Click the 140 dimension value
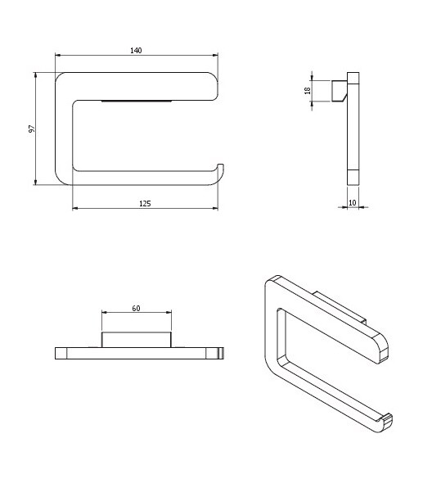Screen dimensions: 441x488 click(136, 51)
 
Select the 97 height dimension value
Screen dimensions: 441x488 click(32, 129)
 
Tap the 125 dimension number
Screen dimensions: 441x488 click(145, 204)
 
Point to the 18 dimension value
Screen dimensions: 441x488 click(308, 91)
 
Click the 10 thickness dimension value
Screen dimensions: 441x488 click(352, 202)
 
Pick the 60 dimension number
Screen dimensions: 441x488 click(136, 308)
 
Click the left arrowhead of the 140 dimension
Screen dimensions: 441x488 click(58, 55)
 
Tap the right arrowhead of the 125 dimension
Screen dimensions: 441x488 click(215, 208)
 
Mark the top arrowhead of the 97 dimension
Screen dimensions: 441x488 click(35, 75)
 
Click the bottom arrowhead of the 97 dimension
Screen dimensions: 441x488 click(35, 182)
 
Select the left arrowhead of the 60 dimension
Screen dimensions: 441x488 click(105, 312)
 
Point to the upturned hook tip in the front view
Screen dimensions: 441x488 click(221, 165)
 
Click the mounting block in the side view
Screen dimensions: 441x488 click(340, 91)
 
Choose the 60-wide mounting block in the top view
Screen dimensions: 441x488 click(137, 340)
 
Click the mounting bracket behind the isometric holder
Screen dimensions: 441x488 click(340, 306)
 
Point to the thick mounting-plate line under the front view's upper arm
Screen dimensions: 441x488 click(137, 102)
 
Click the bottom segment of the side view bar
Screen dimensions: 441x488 click(353, 178)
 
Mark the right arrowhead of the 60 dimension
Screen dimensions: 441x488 click(169, 312)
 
